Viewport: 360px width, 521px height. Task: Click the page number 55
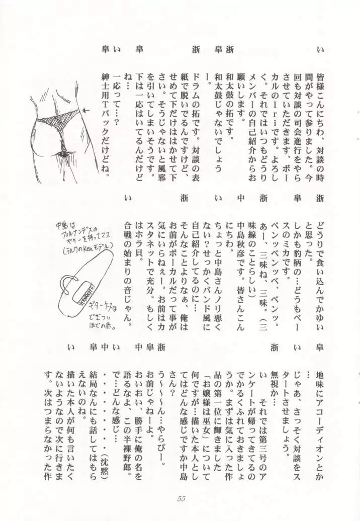pos(182,498)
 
